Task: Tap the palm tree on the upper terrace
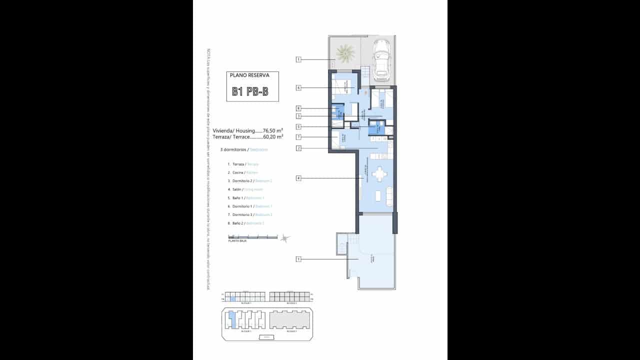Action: pos(344,52)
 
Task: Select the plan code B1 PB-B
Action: pos(250,92)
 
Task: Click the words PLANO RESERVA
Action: pos(249,75)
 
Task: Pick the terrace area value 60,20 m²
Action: pos(272,136)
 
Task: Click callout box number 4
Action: pos(298,178)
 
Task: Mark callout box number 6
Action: pos(298,88)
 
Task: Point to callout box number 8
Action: pos(298,108)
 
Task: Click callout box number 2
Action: pos(298,148)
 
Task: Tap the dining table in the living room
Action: pos(380,174)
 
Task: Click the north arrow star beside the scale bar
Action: pos(285,238)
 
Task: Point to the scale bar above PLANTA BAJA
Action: pos(252,237)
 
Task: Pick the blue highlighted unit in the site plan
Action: pos(231,318)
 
